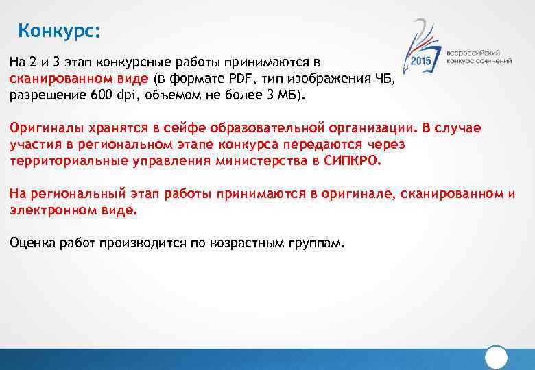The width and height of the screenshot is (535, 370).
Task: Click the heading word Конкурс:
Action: (x=59, y=31)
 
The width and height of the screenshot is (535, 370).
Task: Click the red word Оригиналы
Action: (x=39, y=128)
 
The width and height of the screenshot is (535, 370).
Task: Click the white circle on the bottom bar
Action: (x=496, y=358)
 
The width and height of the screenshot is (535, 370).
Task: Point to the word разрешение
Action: (x=47, y=95)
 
